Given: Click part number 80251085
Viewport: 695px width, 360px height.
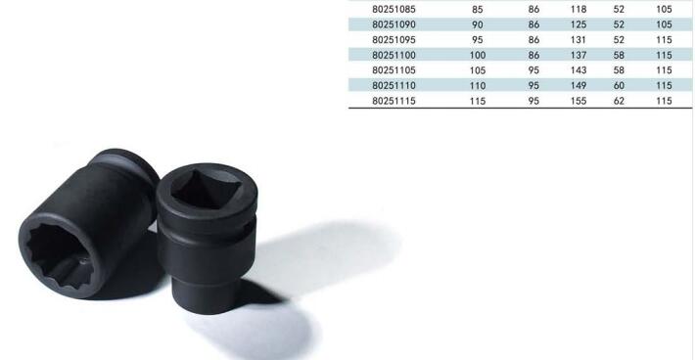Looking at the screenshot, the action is click(x=394, y=10).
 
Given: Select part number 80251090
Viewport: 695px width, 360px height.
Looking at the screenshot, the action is click(x=394, y=24).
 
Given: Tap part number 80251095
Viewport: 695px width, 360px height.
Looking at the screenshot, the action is click(x=394, y=40).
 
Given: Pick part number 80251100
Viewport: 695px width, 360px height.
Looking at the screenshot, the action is click(x=394, y=55).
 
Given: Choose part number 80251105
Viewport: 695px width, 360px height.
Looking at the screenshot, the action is click(x=394, y=70).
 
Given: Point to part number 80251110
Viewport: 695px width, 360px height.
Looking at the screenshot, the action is click(x=394, y=85).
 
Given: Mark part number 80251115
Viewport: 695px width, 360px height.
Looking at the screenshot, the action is click(x=394, y=101).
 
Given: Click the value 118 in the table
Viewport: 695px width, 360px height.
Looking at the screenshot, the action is click(x=579, y=10).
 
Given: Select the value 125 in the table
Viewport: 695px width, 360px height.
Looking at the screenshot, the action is click(x=579, y=24).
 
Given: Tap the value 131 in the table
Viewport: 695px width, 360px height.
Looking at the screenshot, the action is click(x=579, y=40).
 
